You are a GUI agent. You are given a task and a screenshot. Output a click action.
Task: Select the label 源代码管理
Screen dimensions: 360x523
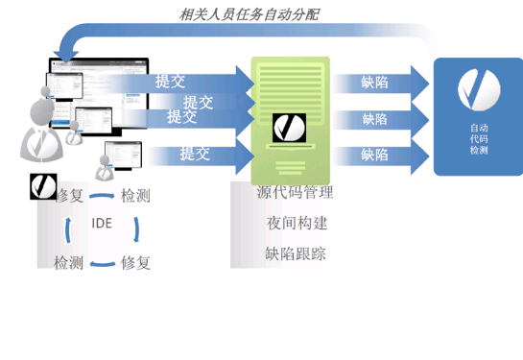point(295,192)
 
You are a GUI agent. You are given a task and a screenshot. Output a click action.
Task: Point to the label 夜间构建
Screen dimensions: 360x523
point(297,223)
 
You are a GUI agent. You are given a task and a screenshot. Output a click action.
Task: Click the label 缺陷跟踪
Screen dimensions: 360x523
point(295,253)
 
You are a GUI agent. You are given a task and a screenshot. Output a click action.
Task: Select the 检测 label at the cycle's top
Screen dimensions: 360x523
point(134,196)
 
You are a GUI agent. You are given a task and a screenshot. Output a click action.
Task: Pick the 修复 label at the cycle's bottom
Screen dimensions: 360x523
point(135,262)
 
